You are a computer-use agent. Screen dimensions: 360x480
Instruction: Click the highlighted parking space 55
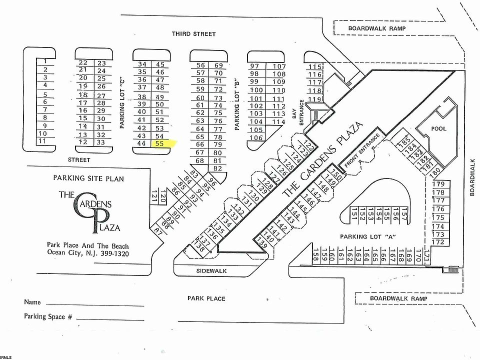(x=160, y=143)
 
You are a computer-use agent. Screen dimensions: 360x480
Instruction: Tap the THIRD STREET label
(x=194, y=34)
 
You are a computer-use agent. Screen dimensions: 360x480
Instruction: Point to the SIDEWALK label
(x=211, y=270)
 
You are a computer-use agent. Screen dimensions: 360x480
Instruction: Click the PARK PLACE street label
(x=206, y=298)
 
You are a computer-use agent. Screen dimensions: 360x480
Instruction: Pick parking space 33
(x=101, y=142)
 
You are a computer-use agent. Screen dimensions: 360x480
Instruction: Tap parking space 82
(x=217, y=168)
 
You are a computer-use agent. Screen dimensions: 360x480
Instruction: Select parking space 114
(x=279, y=121)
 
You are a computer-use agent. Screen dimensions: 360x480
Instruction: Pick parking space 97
(x=254, y=66)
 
